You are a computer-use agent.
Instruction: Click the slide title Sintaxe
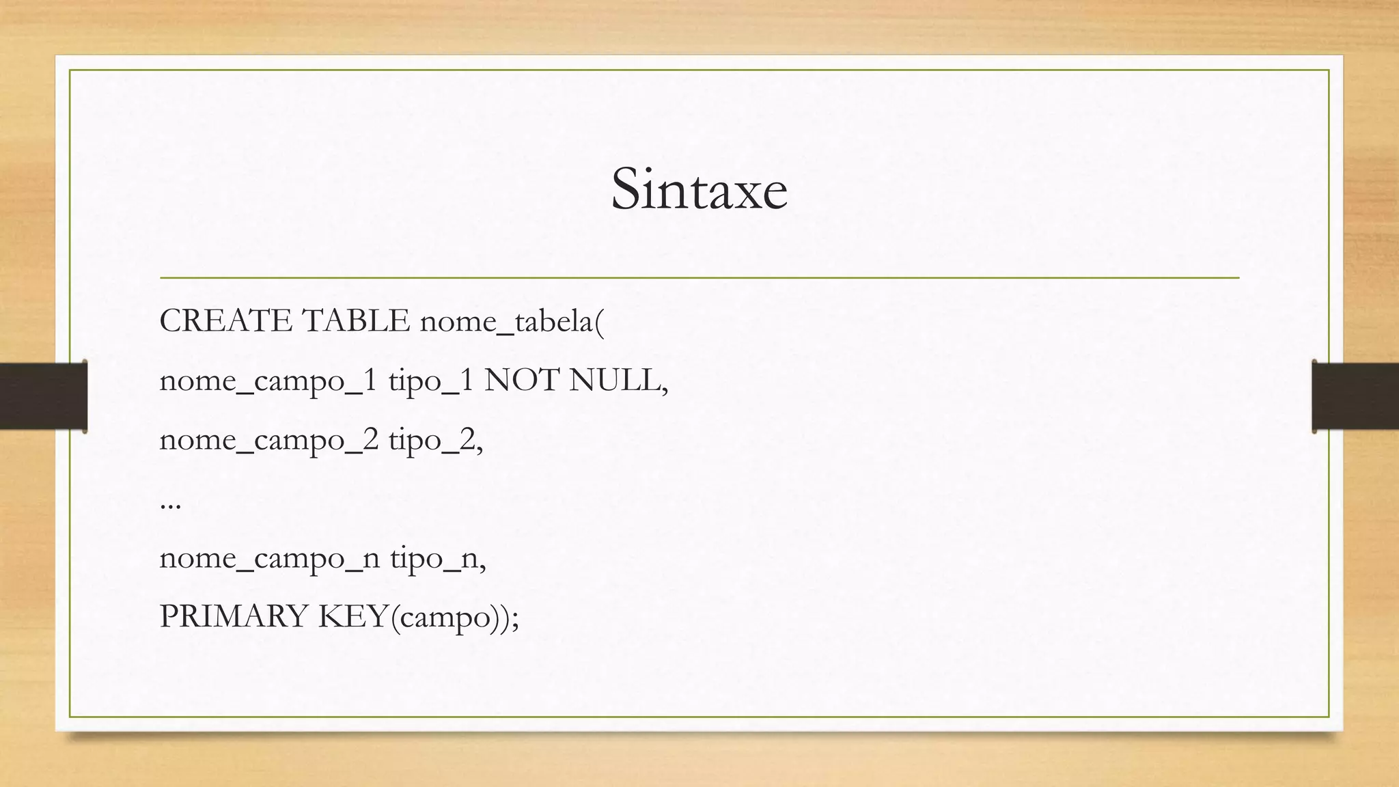[699, 189]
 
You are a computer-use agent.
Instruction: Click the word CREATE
[226, 321]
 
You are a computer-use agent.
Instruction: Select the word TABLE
[355, 321]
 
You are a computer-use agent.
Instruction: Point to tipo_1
[430, 381]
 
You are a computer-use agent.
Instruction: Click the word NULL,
[618, 381]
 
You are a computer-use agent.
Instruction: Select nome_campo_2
[268, 441]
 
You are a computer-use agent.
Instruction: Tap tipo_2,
[436, 441]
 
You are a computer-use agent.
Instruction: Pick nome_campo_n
[269, 559]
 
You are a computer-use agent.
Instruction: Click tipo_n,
[438, 559]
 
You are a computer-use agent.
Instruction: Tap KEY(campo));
[419, 618]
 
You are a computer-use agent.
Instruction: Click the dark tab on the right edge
[1355, 396]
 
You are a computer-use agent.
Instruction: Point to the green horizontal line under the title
[699, 278]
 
